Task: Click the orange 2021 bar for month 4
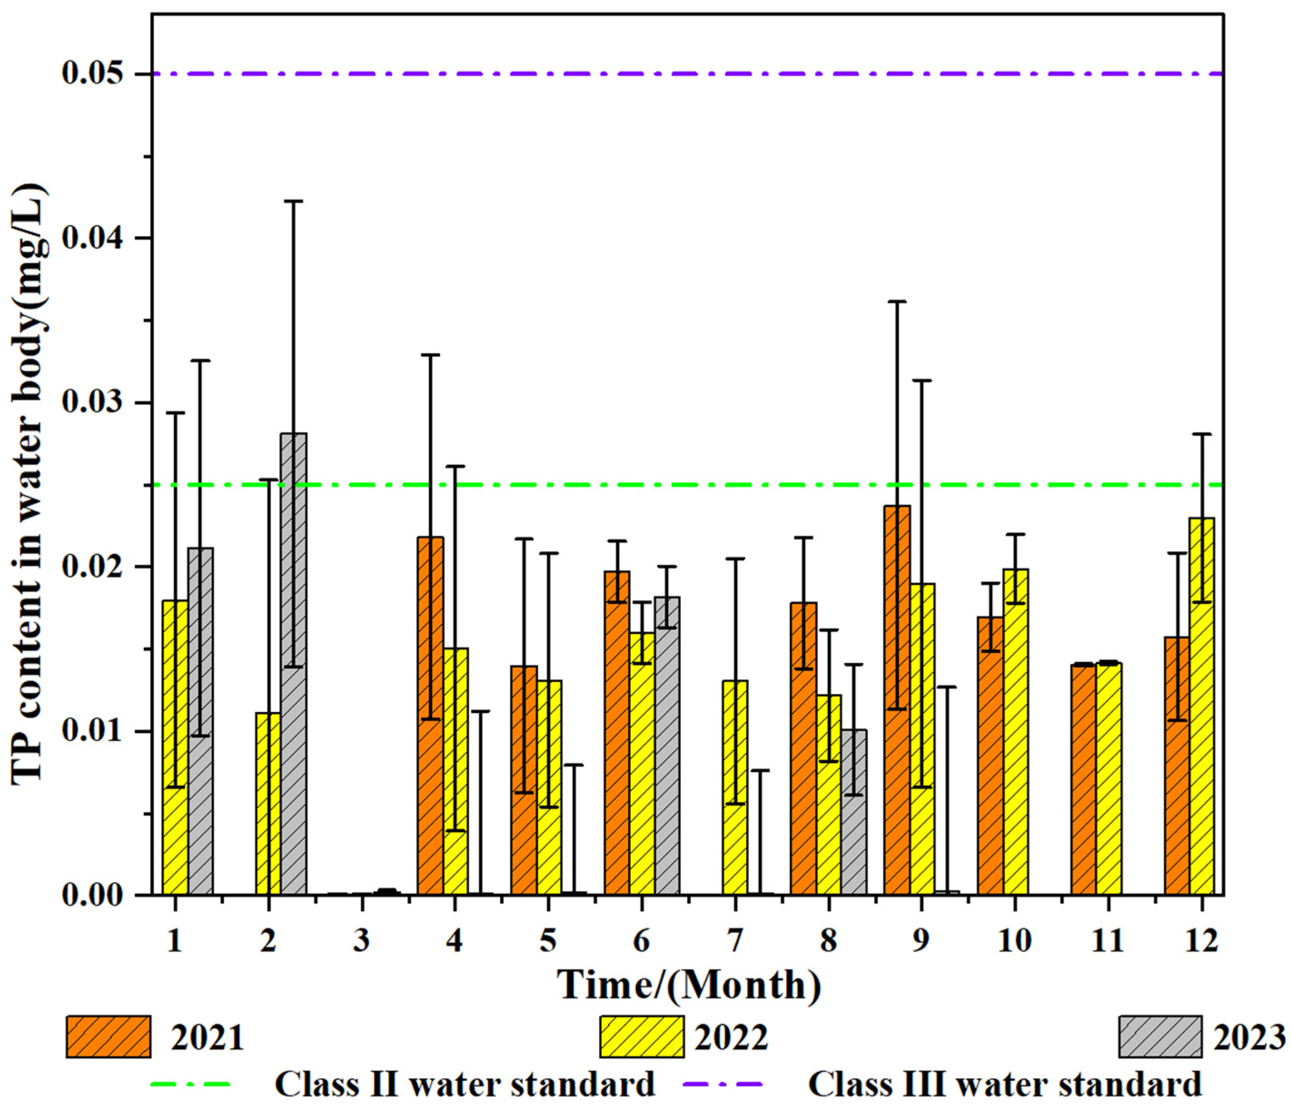point(430,716)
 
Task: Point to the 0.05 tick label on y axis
point(92,74)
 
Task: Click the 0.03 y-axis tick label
point(92,402)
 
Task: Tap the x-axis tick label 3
point(361,940)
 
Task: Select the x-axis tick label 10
point(1014,940)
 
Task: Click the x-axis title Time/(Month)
point(688,985)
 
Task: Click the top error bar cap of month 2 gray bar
point(293,201)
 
